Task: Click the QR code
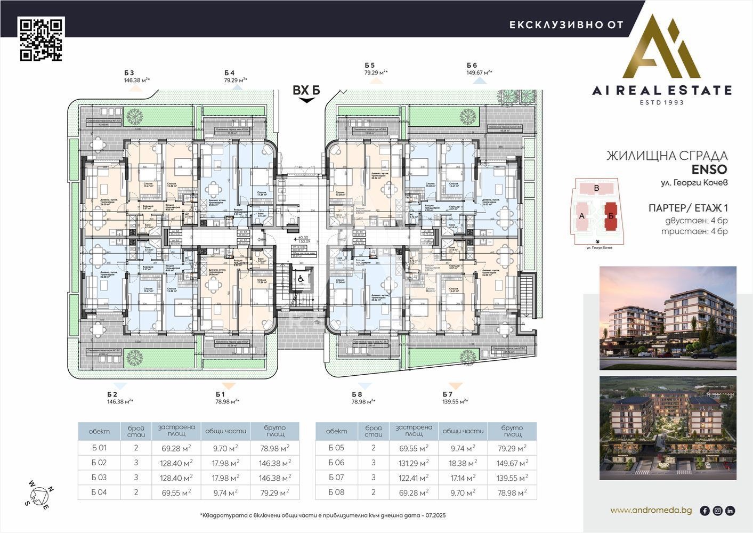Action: click(x=42, y=39)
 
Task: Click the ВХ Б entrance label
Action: click(x=306, y=91)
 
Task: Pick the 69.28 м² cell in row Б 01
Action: click(x=176, y=448)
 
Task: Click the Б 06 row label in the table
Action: click(x=336, y=463)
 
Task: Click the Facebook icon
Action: click(x=705, y=511)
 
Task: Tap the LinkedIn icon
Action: click(x=730, y=511)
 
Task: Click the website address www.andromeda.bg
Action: click(x=651, y=511)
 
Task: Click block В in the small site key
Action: click(x=596, y=188)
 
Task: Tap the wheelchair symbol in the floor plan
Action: click(x=300, y=278)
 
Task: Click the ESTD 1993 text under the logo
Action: click(x=662, y=102)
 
